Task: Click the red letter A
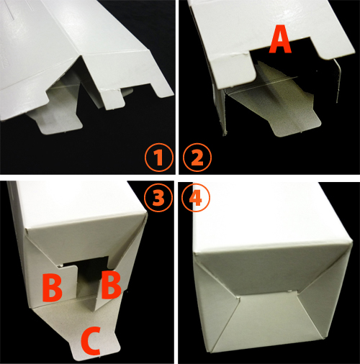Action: pos(280,40)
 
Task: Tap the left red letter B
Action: pos(53,288)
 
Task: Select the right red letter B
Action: pos(111,285)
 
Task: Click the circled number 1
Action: pos(159,158)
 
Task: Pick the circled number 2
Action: pos(197,158)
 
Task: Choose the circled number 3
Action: pos(158,198)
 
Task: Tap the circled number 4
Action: pos(196,198)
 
